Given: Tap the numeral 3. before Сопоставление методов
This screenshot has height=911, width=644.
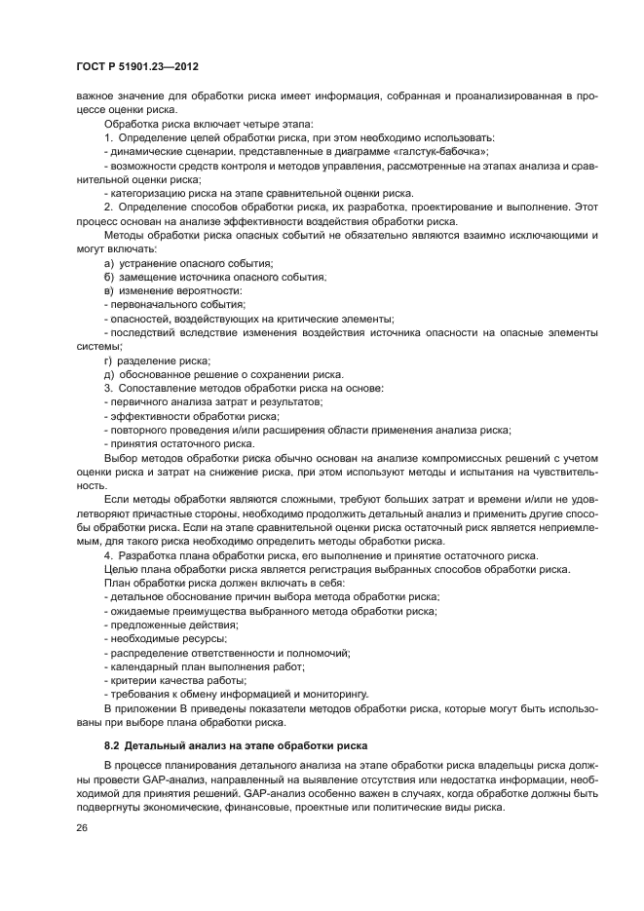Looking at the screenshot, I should (108, 389).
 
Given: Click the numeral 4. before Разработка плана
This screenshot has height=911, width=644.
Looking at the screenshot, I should (108, 555).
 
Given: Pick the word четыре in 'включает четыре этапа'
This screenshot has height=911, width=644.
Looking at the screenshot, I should (233, 124).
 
